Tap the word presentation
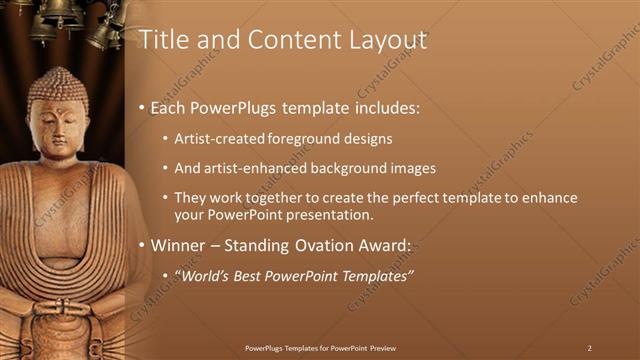click(x=330, y=215)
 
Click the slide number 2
click(x=590, y=348)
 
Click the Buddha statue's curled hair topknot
click(x=57, y=80)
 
